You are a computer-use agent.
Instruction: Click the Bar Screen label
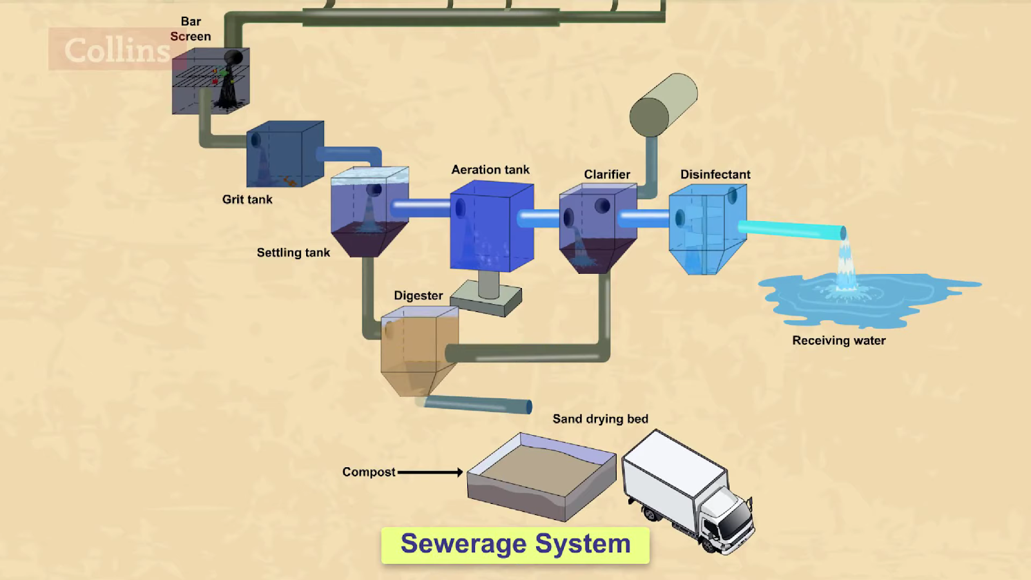point(191,29)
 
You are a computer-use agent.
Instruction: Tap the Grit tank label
point(247,200)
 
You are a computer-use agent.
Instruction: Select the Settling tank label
point(293,253)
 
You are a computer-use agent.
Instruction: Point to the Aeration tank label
point(490,169)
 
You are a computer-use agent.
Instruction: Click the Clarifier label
point(607,175)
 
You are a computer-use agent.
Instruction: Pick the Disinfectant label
point(715,175)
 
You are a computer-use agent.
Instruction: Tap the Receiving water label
point(839,340)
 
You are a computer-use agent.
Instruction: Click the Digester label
point(418,296)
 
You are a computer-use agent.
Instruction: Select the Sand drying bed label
point(601,419)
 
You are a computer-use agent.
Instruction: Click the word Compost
point(369,472)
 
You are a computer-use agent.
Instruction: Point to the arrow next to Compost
point(430,472)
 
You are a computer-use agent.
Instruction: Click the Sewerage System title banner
point(515,545)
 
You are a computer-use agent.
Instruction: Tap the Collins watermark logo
point(116,50)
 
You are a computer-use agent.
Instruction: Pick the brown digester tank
point(419,348)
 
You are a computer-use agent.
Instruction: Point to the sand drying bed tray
point(541,477)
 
